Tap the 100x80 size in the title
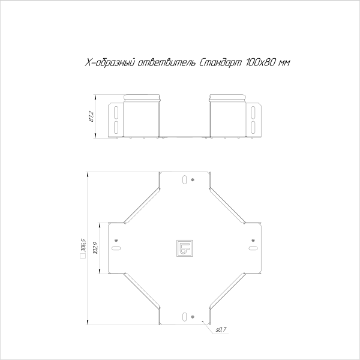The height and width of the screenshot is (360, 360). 259,64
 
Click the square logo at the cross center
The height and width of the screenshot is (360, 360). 184,248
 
